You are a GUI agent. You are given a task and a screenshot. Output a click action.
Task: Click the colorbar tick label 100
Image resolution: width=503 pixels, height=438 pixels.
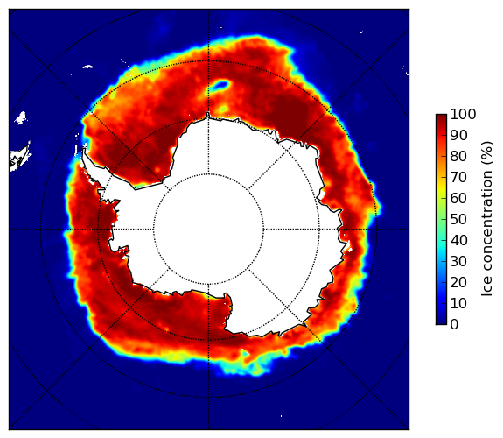(463, 114)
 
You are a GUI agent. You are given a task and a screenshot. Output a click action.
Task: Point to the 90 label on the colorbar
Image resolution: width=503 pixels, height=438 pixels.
(458, 135)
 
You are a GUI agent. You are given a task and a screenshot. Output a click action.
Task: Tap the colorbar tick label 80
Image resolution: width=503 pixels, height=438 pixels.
(458, 156)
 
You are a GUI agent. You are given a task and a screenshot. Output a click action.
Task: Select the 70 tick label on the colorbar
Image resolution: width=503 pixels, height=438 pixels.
(458, 177)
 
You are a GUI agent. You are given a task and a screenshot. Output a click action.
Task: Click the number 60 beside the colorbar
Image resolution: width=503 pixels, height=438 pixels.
(458, 198)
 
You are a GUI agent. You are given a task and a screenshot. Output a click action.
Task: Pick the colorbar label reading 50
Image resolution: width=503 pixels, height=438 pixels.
(458, 220)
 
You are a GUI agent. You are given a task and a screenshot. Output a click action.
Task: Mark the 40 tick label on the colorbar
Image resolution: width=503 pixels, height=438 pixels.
(458, 240)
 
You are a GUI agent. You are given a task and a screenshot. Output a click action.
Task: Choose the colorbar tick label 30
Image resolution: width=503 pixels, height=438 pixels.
(458, 262)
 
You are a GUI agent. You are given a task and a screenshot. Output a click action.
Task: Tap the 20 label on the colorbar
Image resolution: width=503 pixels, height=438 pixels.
(458, 282)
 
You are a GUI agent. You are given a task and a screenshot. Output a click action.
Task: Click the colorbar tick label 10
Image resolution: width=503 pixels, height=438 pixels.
(458, 303)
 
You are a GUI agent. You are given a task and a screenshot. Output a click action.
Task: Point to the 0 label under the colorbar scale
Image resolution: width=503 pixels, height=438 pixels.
(454, 325)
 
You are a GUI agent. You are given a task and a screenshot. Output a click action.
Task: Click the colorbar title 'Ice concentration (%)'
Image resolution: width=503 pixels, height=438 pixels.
(486, 219)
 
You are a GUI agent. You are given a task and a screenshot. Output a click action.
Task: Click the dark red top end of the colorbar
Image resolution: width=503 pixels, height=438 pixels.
(441, 117)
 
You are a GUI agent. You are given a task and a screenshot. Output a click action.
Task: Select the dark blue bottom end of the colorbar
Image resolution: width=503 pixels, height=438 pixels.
(441, 322)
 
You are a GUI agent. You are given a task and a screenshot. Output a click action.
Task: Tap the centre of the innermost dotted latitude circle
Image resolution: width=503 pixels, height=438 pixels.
(208, 230)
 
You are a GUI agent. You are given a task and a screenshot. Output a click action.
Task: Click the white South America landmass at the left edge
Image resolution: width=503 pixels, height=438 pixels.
(19, 158)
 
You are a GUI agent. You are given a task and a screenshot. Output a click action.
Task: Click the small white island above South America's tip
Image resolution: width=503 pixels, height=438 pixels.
(21, 117)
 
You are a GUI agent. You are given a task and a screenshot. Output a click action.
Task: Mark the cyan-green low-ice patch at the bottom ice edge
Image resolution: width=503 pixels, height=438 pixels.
(244, 366)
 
